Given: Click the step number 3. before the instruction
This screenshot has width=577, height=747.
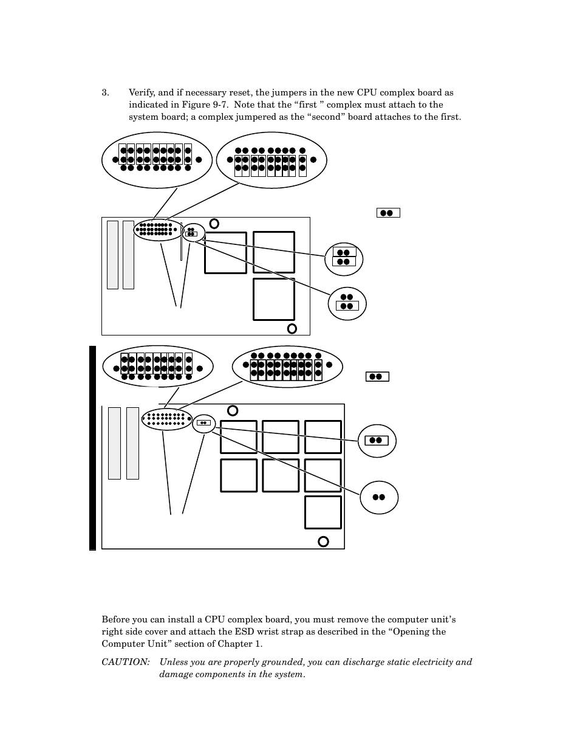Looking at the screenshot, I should tap(105, 93).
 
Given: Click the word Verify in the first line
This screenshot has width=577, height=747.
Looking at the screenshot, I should tap(142, 93).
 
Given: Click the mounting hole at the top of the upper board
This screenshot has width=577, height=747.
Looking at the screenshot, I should tap(214, 224).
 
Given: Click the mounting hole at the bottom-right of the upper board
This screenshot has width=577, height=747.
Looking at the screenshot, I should tap(292, 328).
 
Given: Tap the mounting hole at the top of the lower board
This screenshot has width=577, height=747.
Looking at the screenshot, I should tap(232, 411).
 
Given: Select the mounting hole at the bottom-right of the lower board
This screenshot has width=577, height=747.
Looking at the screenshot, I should tap(324, 541).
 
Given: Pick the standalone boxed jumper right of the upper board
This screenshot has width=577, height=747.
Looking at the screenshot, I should tap(388, 213).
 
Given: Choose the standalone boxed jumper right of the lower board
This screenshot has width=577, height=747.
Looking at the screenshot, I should tap(377, 377).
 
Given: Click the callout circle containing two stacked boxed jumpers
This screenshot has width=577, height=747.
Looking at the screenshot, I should tap(344, 258).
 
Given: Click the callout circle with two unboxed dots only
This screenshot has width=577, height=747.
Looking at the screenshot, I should tap(379, 497).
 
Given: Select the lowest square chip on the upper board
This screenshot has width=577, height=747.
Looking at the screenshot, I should tap(274, 299).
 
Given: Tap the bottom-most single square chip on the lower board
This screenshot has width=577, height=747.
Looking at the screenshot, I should tap(323, 512).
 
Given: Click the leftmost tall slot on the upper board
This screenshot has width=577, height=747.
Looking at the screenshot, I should tap(112, 254).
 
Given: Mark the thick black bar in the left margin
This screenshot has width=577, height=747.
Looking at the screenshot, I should tap(92, 448).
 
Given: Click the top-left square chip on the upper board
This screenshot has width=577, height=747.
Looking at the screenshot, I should tap(225, 252).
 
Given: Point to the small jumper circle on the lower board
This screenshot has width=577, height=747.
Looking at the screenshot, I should tap(204, 423).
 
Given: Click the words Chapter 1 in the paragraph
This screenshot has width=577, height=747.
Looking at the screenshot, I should tap(244, 644).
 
